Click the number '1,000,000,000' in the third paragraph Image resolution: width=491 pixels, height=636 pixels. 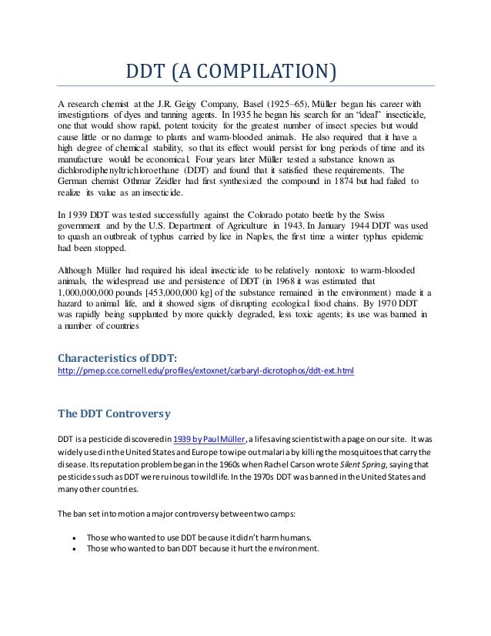click(x=90, y=293)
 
